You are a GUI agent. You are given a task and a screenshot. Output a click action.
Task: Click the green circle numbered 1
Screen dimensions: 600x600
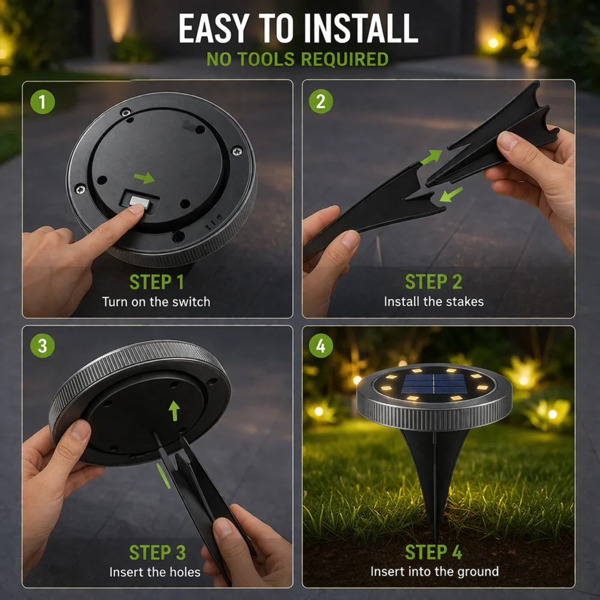tap(43, 102)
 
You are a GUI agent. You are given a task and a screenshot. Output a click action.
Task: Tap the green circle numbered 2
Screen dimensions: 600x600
tap(320, 101)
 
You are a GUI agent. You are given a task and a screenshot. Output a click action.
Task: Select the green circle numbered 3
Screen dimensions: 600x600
tap(43, 346)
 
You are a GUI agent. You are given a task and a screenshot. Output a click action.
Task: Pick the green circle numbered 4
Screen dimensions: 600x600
tap(320, 346)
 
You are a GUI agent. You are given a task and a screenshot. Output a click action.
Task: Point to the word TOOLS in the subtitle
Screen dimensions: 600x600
tap(266, 59)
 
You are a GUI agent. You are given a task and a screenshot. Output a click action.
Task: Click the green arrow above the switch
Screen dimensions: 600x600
tap(144, 178)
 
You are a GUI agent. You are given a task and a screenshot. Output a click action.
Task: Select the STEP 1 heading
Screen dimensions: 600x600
tap(157, 282)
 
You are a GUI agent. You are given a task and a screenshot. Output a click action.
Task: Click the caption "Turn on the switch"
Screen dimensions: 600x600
tap(156, 302)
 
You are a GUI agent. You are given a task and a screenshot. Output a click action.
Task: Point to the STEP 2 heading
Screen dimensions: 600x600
tap(434, 282)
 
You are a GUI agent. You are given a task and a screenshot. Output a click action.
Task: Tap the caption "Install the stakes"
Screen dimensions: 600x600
tap(434, 302)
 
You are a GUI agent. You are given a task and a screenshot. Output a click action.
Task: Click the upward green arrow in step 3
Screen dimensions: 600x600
tap(174, 411)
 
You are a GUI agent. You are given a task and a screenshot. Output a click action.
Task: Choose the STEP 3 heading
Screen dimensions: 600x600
tap(157, 553)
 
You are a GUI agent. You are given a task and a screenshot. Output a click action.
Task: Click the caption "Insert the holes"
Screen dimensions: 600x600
tap(155, 572)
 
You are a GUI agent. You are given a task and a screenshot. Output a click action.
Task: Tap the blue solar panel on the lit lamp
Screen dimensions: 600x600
tap(434, 385)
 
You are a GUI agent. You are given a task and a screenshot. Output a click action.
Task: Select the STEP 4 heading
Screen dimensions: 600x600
tap(434, 552)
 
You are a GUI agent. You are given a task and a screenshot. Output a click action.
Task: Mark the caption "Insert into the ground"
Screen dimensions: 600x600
tap(434, 571)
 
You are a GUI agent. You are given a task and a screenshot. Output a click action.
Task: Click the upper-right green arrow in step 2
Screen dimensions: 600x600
tap(431, 157)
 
